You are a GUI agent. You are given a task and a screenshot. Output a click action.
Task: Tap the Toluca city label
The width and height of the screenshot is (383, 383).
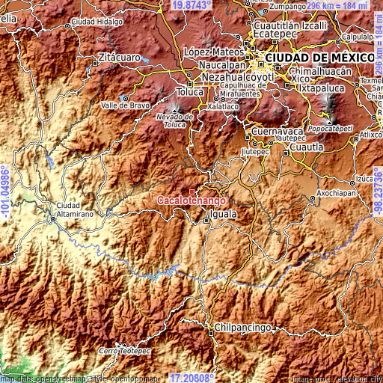[x=190, y=92]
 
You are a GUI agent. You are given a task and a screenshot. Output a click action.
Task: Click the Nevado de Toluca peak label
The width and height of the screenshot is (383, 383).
[x=175, y=120]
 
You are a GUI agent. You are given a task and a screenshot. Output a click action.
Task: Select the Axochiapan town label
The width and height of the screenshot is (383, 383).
[x=338, y=192]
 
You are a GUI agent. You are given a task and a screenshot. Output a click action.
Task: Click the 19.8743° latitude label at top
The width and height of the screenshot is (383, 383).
[x=191, y=5]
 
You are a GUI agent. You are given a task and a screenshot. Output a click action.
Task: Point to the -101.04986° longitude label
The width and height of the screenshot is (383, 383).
[x=5, y=191]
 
